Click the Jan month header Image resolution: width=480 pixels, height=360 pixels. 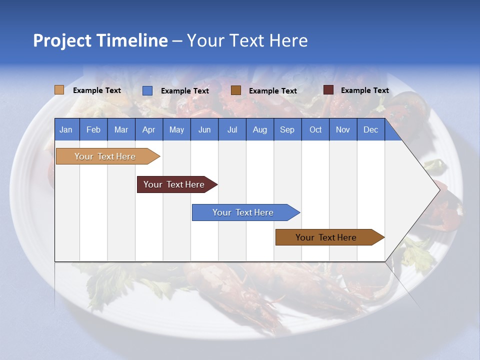[x=66, y=129]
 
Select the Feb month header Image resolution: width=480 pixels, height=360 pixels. [x=93, y=129]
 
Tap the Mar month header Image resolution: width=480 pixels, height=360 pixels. [x=121, y=129]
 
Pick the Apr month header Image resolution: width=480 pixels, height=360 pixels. [x=149, y=129]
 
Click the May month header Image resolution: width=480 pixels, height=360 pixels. [x=176, y=129]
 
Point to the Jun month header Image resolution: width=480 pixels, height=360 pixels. [x=204, y=129]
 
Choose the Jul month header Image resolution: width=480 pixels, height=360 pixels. [x=232, y=129]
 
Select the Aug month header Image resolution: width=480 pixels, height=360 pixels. [x=260, y=129]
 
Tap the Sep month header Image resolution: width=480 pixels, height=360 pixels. [x=287, y=129]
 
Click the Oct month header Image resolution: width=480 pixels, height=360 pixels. [x=315, y=129]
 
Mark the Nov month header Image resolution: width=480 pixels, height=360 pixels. [x=343, y=129]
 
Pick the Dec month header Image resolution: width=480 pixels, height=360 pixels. [x=371, y=129]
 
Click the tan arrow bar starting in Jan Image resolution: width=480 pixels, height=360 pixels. [x=105, y=156]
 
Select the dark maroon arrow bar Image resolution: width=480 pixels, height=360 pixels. [x=174, y=184]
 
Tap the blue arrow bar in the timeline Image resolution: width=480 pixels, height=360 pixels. [x=243, y=212]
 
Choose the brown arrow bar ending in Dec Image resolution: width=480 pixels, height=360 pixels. [x=326, y=237]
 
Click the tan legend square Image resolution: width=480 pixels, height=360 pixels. [x=59, y=90]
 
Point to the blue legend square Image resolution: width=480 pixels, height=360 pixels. [x=147, y=90]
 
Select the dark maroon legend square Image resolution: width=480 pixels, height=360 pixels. [x=328, y=90]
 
